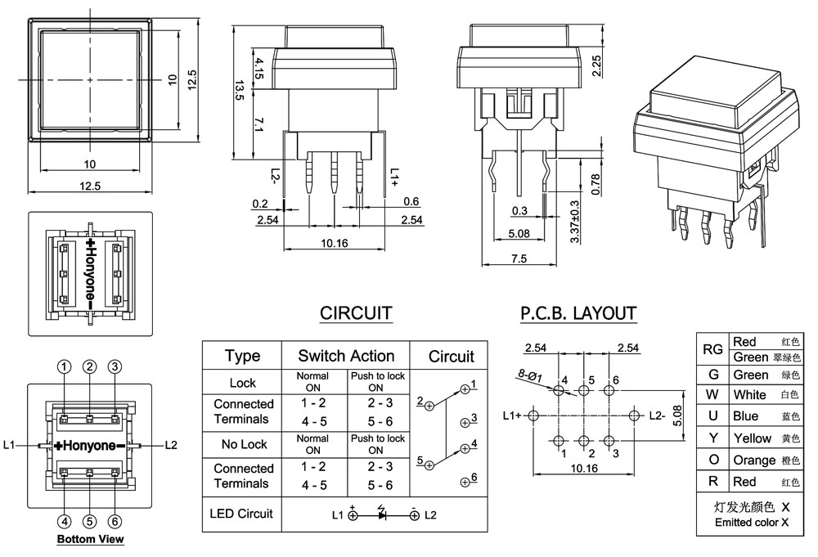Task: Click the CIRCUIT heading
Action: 356,313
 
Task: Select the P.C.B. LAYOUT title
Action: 578,313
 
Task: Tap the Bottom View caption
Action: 90,539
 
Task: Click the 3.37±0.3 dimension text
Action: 574,221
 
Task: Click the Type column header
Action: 242,356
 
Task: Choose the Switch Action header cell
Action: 346,356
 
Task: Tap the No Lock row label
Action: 242,445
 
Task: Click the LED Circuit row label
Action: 242,514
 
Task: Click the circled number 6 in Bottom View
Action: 115,521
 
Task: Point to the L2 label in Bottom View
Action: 170,445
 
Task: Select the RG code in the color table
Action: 712,349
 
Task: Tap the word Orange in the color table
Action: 754,460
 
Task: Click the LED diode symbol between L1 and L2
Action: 382,514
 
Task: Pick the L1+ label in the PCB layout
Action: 512,416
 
